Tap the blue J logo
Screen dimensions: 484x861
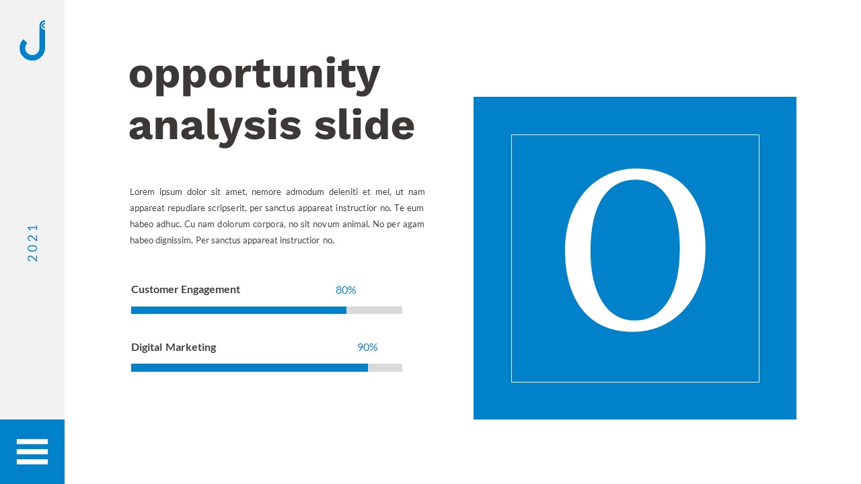coord(32,42)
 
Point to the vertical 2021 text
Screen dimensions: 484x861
coord(33,243)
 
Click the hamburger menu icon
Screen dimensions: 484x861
coord(32,452)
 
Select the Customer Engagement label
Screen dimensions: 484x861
coord(186,290)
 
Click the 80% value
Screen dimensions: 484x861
coord(346,290)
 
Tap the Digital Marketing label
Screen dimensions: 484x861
coord(174,348)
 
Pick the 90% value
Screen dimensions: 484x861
coord(367,348)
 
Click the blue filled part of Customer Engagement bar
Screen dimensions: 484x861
coord(238,310)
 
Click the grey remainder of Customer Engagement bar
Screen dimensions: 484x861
coord(374,310)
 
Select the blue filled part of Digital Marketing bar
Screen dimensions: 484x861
coord(249,368)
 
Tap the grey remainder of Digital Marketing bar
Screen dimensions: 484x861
coord(385,368)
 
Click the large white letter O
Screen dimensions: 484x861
coord(634,250)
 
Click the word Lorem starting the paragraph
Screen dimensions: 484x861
coord(142,192)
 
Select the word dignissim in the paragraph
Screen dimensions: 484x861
coord(172,241)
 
